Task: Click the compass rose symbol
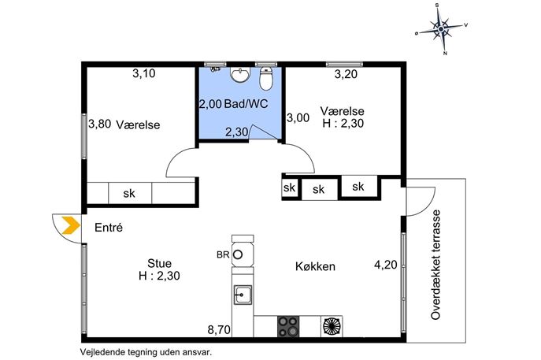click(x=441, y=29)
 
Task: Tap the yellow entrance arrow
click(x=71, y=225)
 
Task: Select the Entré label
click(x=109, y=228)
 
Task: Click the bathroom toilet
click(x=266, y=78)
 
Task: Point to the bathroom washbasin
click(x=240, y=75)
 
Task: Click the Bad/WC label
click(x=246, y=103)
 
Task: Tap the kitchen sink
click(x=243, y=295)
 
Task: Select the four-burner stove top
click(x=288, y=326)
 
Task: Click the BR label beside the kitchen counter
click(x=223, y=254)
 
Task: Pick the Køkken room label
click(x=315, y=266)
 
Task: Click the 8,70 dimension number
click(x=219, y=330)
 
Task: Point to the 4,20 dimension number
click(x=386, y=265)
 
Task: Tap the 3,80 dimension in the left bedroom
click(x=100, y=124)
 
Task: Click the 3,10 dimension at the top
click(x=144, y=73)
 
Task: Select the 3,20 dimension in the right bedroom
click(x=346, y=74)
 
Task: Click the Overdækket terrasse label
click(x=435, y=265)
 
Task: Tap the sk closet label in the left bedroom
click(x=129, y=193)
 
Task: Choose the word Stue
click(x=159, y=263)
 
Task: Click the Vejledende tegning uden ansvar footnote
click(x=146, y=352)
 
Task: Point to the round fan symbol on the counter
click(x=332, y=326)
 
